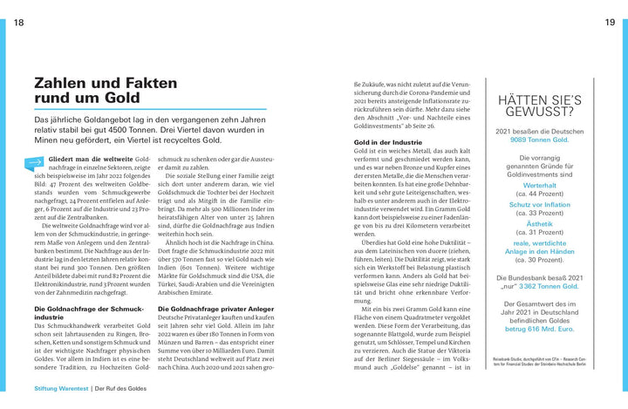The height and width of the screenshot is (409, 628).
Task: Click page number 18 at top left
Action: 18,23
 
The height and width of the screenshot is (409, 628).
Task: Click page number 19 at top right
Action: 609,23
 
